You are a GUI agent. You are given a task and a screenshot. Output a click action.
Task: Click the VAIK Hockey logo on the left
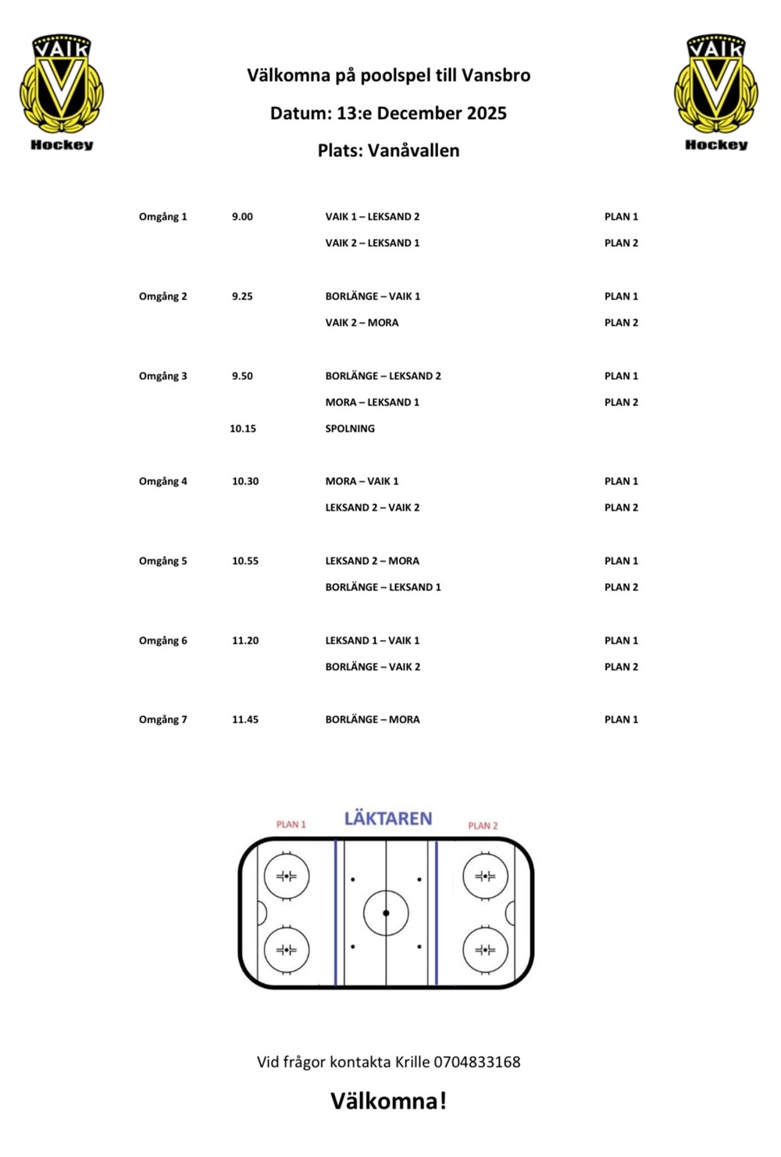tap(62, 91)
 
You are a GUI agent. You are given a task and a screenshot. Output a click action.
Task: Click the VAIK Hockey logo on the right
tap(716, 91)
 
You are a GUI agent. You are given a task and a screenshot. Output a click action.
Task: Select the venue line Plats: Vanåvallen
tap(388, 151)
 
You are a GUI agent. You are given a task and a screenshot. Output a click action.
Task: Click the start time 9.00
tap(242, 217)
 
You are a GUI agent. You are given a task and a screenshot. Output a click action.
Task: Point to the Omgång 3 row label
tap(162, 376)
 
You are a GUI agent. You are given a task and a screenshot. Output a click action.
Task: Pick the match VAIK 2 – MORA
tap(362, 322)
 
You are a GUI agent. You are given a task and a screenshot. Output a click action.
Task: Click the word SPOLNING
tap(350, 429)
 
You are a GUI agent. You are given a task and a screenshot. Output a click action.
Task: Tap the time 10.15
tap(243, 429)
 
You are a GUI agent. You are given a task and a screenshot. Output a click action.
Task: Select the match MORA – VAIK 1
tap(362, 482)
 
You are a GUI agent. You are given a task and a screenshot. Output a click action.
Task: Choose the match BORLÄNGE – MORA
tap(373, 720)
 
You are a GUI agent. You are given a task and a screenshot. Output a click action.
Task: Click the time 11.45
tap(245, 720)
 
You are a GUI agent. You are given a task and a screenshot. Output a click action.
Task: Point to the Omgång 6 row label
tap(162, 641)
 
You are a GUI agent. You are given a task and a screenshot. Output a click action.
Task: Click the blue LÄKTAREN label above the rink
tap(388, 818)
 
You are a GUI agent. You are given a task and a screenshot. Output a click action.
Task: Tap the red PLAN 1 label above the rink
tap(291, 824)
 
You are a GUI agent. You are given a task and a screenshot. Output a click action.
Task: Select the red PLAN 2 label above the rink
tap(483, 825)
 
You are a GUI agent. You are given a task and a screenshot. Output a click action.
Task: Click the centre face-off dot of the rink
tap(386, 913)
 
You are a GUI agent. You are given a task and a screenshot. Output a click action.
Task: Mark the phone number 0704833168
tap(477, 1062)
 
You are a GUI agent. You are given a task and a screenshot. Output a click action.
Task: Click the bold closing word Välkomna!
tap(388, 1101)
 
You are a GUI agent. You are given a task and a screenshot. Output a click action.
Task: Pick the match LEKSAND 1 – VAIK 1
tap(373, 641)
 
